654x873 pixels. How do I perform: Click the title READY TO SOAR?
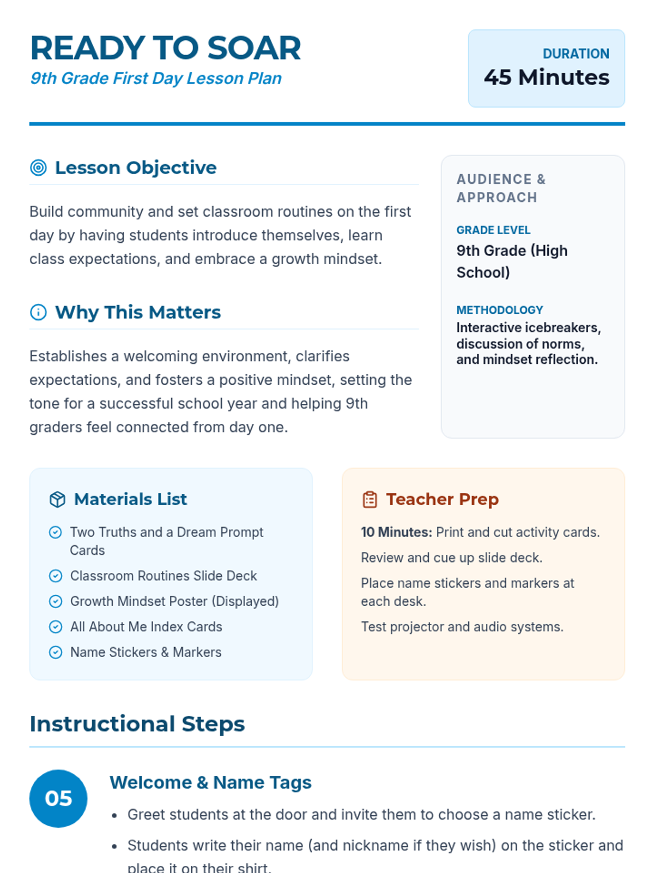pos(165,48)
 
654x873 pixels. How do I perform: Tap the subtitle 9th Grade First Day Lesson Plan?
pos(156,79)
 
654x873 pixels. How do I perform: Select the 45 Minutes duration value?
pos(546,77)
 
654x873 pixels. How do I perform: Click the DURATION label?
pos(576,54)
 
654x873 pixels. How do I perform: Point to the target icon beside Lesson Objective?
pos(38,168)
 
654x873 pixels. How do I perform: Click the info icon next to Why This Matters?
pos(38,312)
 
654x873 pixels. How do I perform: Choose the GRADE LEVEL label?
pos(493,230)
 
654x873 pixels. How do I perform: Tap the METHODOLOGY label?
pos(499,310)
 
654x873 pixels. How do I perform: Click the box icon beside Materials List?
pos(57,499)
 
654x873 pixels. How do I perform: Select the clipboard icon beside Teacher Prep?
pos(370,499)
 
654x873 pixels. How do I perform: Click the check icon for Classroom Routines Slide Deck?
pos(56,576)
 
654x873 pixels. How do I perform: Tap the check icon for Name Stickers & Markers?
pos(56,652)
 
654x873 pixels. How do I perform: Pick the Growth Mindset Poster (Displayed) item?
pos(174,601)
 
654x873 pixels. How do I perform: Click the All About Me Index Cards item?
pos(146,627)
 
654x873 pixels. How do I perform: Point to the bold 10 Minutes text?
pos(396,532)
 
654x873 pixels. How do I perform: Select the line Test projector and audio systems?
pos(462,627)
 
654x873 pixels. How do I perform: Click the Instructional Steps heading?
pos(137,724)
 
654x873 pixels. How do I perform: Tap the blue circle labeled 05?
pos(58,798)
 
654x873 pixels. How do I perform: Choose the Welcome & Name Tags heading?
pos(210,782)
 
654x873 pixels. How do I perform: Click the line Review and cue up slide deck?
pos(451,558)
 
